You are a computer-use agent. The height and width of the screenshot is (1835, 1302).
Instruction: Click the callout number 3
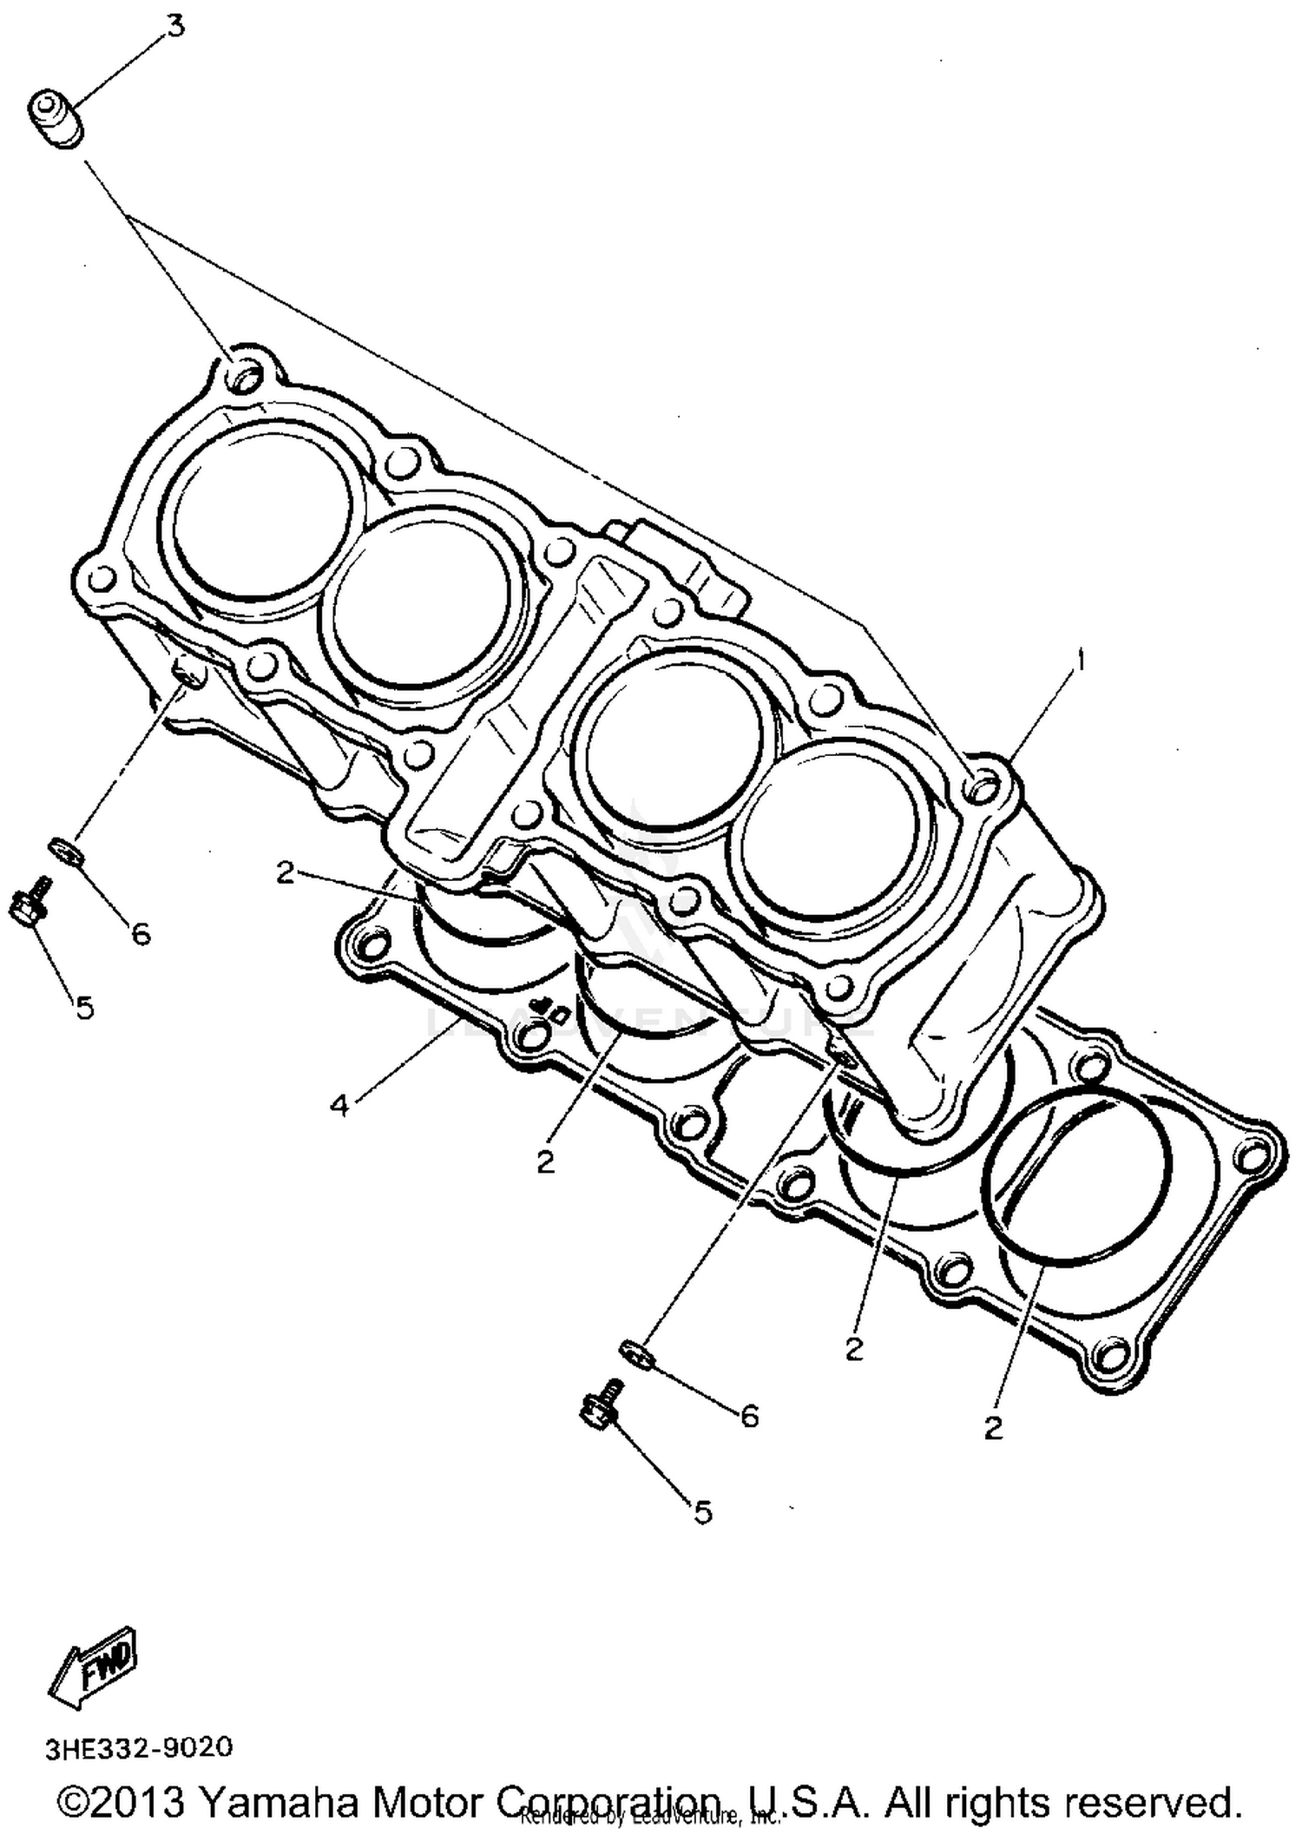pos(175,26)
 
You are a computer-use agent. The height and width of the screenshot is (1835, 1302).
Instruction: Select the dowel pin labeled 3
pos(57,121)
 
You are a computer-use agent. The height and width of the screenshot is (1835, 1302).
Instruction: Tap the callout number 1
pos(1081,661)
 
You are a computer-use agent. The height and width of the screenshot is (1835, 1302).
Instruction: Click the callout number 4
pos(339,1106)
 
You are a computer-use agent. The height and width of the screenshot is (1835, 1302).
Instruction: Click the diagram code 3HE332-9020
pos(140,1746)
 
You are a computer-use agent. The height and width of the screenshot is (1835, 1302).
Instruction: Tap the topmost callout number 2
pos(285,872)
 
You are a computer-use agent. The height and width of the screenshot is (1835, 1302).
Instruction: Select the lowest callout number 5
pos(703,1513)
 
